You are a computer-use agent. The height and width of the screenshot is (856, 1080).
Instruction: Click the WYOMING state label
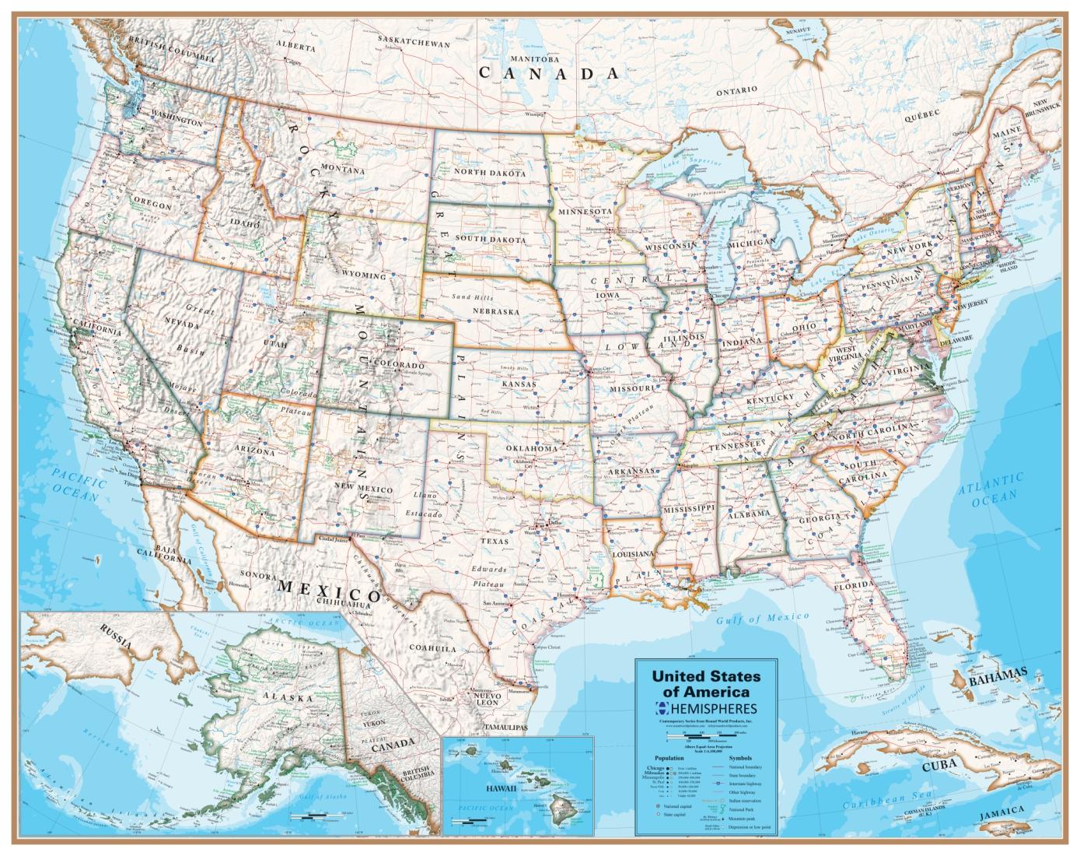coord(364,276)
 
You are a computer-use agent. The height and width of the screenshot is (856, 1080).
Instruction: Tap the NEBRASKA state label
coord(495,311)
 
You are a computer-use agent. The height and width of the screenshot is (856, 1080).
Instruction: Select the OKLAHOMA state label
coord(532,449)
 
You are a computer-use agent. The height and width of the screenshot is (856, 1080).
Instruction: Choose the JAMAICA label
coord(1017,832)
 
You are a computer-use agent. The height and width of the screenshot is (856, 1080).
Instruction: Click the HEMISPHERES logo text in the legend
coord(711,708)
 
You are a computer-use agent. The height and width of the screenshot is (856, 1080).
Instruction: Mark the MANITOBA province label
coord(535,59)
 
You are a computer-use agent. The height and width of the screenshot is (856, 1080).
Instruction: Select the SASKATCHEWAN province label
coord(414,44)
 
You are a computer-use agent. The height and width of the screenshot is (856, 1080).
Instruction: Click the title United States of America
coord(706,684)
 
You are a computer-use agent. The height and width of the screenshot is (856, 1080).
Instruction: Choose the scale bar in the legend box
coord(704,734)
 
